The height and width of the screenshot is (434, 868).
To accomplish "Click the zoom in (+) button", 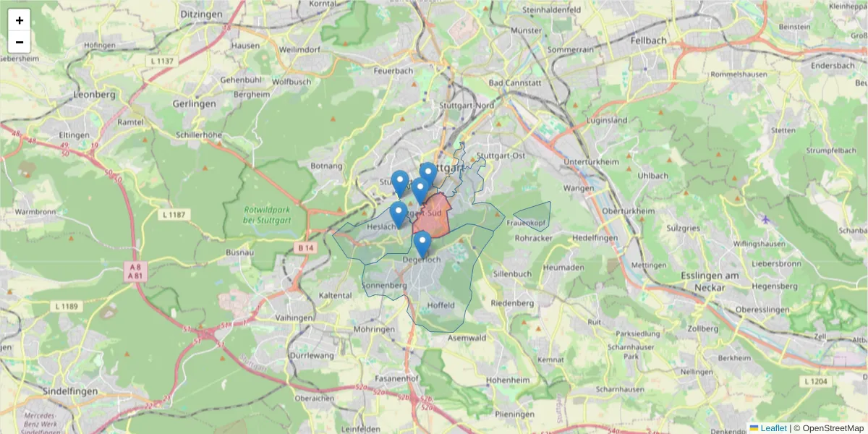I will click(20, 20).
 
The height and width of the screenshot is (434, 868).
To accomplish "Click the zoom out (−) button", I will click(20, 42).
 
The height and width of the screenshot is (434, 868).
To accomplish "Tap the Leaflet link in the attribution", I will click(773, 428).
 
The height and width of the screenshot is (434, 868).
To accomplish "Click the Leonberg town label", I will click(95, 95).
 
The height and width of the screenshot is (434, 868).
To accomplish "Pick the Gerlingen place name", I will click(194, 103).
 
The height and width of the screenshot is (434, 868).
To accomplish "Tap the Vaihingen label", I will click(294, 318).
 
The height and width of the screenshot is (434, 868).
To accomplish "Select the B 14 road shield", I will click(307, 247).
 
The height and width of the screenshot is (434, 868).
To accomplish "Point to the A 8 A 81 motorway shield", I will click(135, 271).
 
